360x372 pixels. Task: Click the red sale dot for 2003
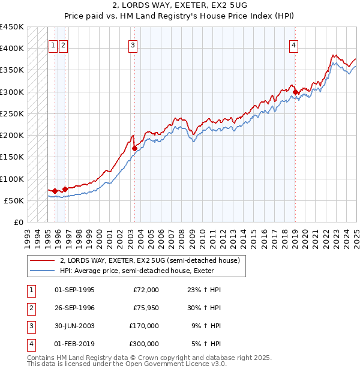click(134, 148)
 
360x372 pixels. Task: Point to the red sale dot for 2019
click(295, 92)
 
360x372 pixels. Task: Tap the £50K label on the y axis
click(14, 200)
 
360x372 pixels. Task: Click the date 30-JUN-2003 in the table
click(74, 326)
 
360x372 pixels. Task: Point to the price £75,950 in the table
click(146, 308)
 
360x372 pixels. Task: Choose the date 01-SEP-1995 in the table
click(74, 290)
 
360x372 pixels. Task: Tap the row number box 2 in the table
click(30, 308)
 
